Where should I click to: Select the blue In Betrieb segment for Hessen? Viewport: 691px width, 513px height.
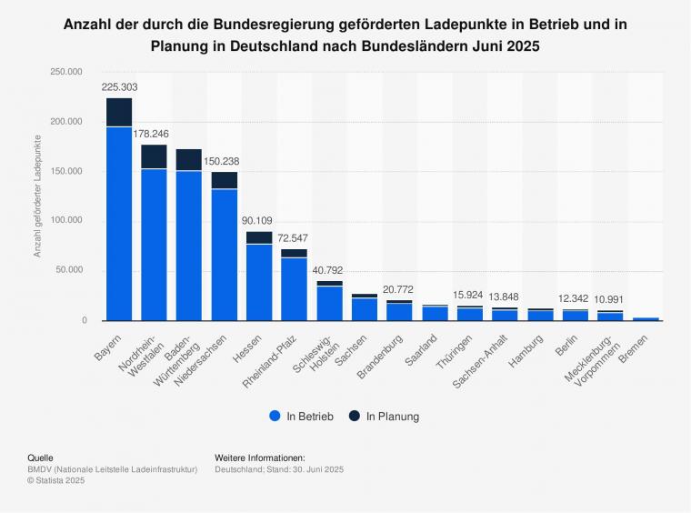click(259, 282)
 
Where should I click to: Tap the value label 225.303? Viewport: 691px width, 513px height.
click(119, 87)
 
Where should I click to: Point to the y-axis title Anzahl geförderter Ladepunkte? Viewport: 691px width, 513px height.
click(38, 196)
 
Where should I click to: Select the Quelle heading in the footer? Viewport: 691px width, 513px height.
click(41, 458)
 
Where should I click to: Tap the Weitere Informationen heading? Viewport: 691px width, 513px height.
click(260, 458)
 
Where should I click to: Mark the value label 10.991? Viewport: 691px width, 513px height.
click(610, 299)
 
